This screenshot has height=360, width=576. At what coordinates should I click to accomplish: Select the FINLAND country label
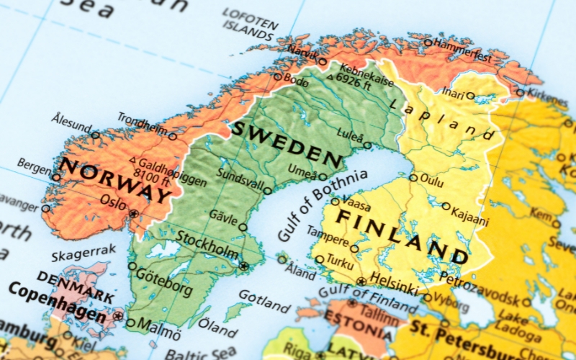[x=403, y=234]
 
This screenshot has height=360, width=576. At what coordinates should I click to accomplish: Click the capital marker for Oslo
[x=134, y=213]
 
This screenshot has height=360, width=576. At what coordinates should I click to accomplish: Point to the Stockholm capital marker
[x=244, y=266]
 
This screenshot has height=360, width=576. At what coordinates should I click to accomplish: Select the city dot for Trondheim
[x=173, y=136]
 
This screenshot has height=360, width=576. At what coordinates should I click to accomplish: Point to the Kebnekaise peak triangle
[x=330, y=76]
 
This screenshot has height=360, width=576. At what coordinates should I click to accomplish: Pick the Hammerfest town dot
[x=428, y=42]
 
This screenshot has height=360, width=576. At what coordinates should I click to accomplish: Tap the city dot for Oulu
[x=413, y=177]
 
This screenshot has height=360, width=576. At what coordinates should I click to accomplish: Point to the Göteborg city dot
[x=132, y=266]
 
